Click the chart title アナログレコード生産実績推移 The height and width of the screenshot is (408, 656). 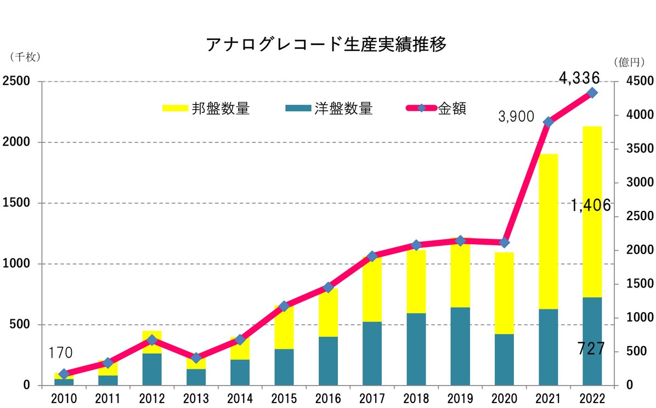[x=326, y=44]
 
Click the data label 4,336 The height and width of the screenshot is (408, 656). [x=579, y=78]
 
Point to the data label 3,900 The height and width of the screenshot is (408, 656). [x=517, y=116]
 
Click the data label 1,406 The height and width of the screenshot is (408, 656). [x=590, y=205]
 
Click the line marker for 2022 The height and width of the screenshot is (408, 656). [x=592, y=93]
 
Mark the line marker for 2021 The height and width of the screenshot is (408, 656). [x=548, y=122]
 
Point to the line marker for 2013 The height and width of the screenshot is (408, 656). [x=196, y=358]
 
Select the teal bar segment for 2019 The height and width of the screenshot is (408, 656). [x=460, y=346]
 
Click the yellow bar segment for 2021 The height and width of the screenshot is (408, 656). [x=548, y=231]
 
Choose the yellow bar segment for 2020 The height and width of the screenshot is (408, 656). [x=504, y=293]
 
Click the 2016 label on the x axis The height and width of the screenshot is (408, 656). [x=328, y=398]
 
